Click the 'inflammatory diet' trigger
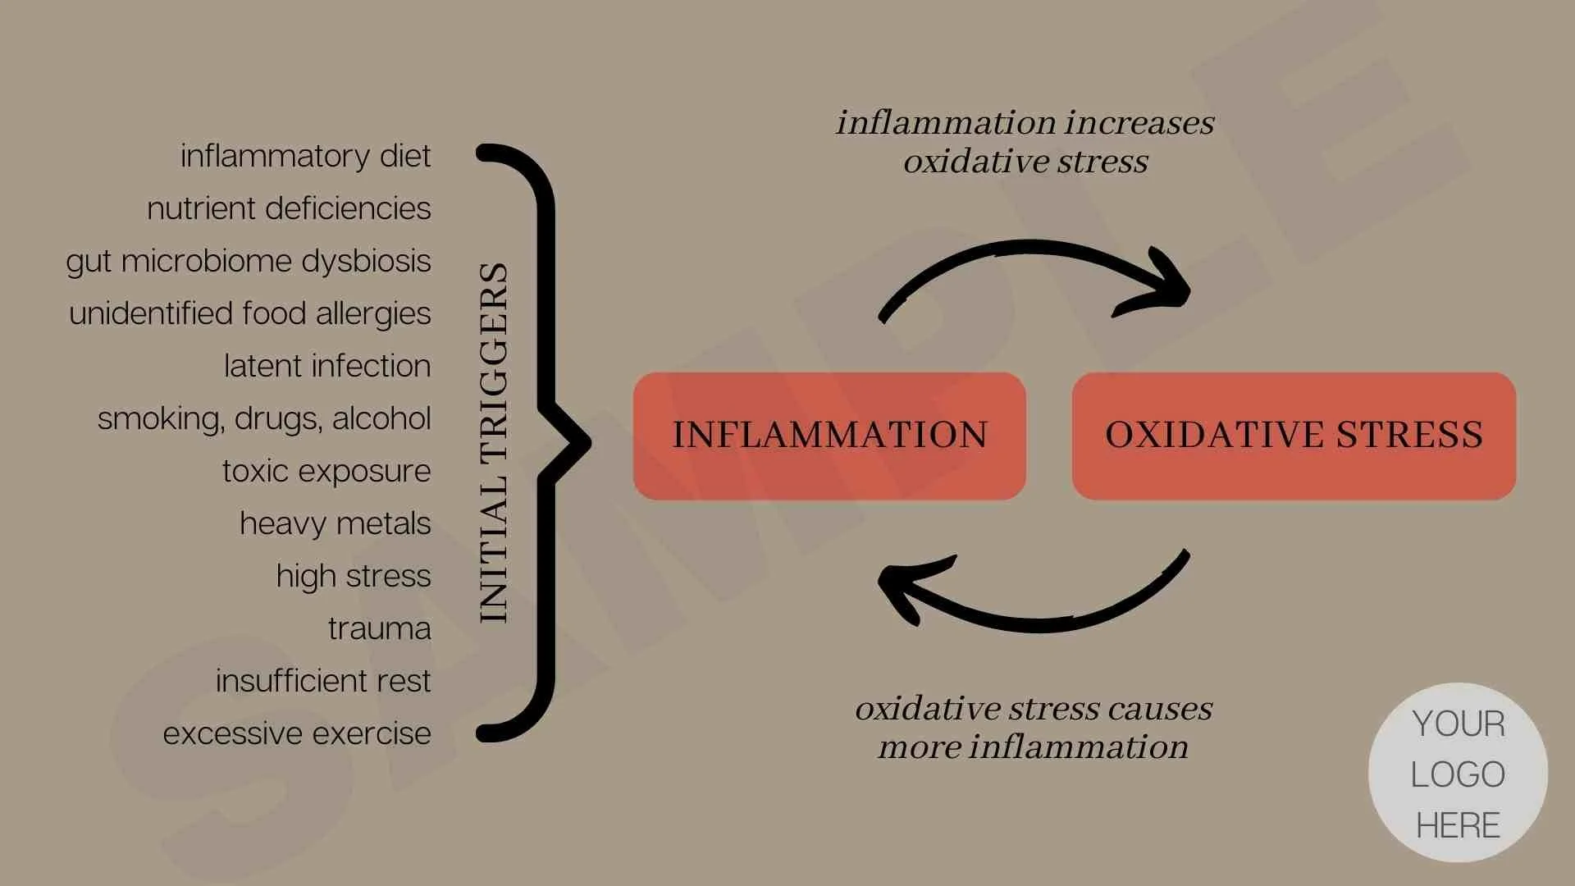(x=305, y=156)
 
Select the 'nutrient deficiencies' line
(x=289, y=208)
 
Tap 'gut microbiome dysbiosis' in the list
(x=249, y=261)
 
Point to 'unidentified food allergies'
(x=250, y=313)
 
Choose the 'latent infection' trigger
(x=327, y=366)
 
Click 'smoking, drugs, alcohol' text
(x=264, y=418)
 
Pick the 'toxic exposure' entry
(x=326, y=471)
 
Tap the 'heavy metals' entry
(x=336, y=523)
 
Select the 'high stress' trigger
(x=354, y=576)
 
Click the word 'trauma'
(x=380, y=628)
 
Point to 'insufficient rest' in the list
(x=323, y=681)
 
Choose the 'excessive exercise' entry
(x=297, y=733)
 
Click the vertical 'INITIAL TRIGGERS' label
(x=494, y=443)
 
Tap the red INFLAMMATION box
(x=829, y=436)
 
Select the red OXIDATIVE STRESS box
(x=1294, y=436)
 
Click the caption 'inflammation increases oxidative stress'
(x=1025, y=142)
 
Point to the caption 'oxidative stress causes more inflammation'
(x=1034, y=728)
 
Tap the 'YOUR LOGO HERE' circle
(x=1458, y=774)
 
